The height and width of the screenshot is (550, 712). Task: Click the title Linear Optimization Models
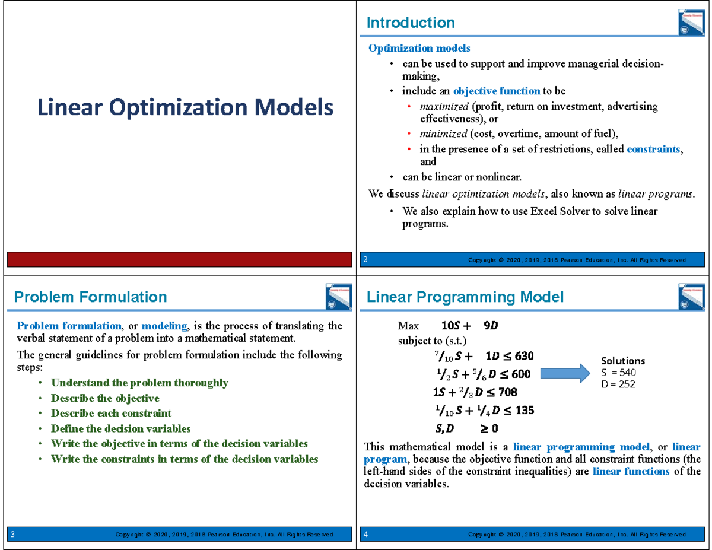pyautogui.click(x=185, y=108)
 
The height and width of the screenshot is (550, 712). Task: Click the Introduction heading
pyautogui.click(x=411, y=23)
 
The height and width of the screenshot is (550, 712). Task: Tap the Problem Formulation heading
pyautogui.click(x=90, y=297)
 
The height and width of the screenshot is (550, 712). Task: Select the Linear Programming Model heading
pyautogui.click(x=465, y=297)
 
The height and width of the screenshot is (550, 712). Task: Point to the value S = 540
pyautogui.click(x=618, y=373)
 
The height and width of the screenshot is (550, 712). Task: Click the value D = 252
pyautogui.click(x=618, y=384)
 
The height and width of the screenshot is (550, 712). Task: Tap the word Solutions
pyautogui.click(x=623, y=361)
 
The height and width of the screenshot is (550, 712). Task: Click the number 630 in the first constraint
pyautogui.click(x=524, y=356)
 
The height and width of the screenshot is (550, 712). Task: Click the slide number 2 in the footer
pyautogui.click(x=366, y=260)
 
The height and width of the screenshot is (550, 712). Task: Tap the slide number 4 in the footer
pyautogui.click(x=366, y=535)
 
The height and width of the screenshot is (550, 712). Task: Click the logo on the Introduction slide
pyautogui.click(x=690, y=23)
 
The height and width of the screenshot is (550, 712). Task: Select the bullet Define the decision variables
pyautogui.click(x=120, y=428)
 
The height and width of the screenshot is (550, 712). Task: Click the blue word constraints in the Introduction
pyautogui.click(x=653, y=150)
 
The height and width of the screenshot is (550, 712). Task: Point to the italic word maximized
pyautogui.click(x=443, y=107)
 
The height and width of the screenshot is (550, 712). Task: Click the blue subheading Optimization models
pyautogui.click(x=419, y=48)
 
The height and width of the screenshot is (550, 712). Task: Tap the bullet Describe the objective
pyautogui.click(x=105, y=398)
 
